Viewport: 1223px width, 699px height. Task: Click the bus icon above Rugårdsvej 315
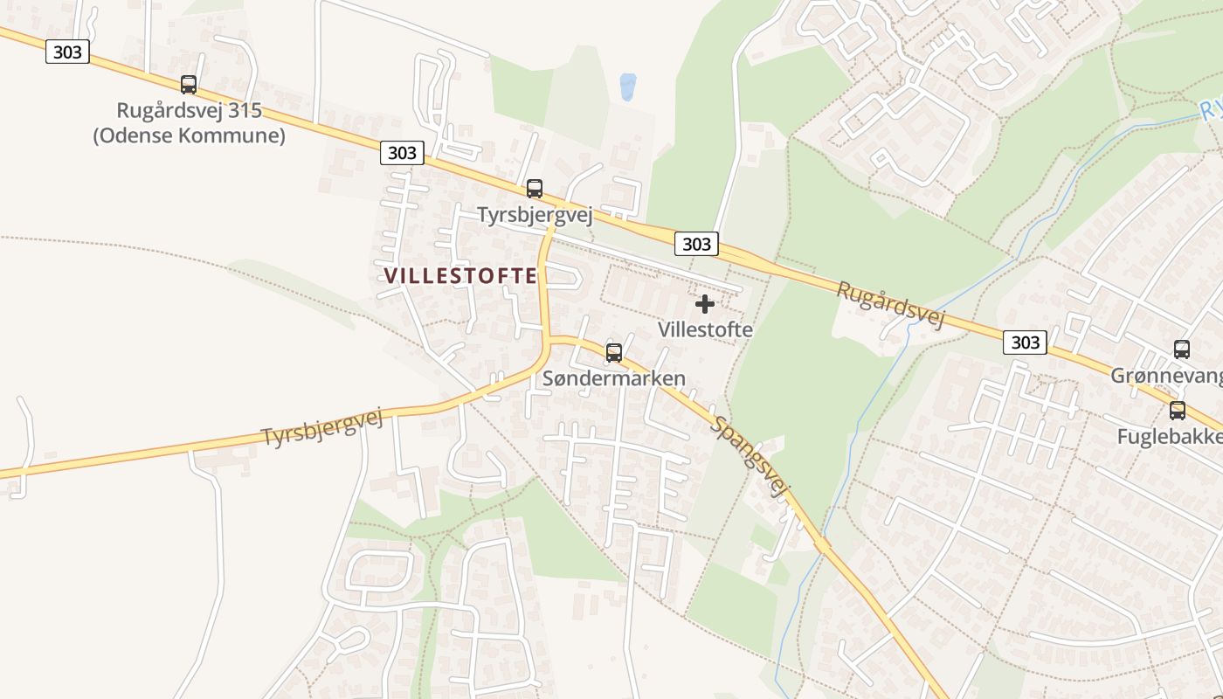click(x=189, y=85)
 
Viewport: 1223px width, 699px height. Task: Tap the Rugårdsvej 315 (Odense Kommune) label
click(x=190, y=123)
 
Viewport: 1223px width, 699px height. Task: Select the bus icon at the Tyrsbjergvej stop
click(x=534, y=188)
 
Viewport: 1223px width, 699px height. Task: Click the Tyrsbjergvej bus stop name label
click(x=535, y=215)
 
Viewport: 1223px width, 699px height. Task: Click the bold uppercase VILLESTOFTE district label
click(x=460, y=276)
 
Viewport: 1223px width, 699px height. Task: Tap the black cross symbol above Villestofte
click(x=705, y=304)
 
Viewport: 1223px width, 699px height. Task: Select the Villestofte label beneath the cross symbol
click(x=705, y=330)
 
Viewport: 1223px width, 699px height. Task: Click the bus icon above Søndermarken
click(x=614, y=352)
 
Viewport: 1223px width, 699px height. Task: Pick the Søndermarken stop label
click(x=614, y=379)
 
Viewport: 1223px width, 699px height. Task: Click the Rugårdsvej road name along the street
click(x=890, y=305)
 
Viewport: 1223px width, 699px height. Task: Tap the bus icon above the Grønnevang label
click(x=1182, y=349)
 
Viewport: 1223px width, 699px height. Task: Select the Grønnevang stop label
click(x=1166, y=376)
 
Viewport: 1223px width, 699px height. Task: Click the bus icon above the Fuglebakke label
click(x=1178, y=410)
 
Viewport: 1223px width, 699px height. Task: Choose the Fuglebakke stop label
click(x=1170, y=436)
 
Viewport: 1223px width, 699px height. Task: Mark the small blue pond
click(x=627, y=86)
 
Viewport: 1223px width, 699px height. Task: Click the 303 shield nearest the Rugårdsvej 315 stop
click(x=67, y=52)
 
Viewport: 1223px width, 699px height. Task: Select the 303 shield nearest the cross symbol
click(x=696, y=244)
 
